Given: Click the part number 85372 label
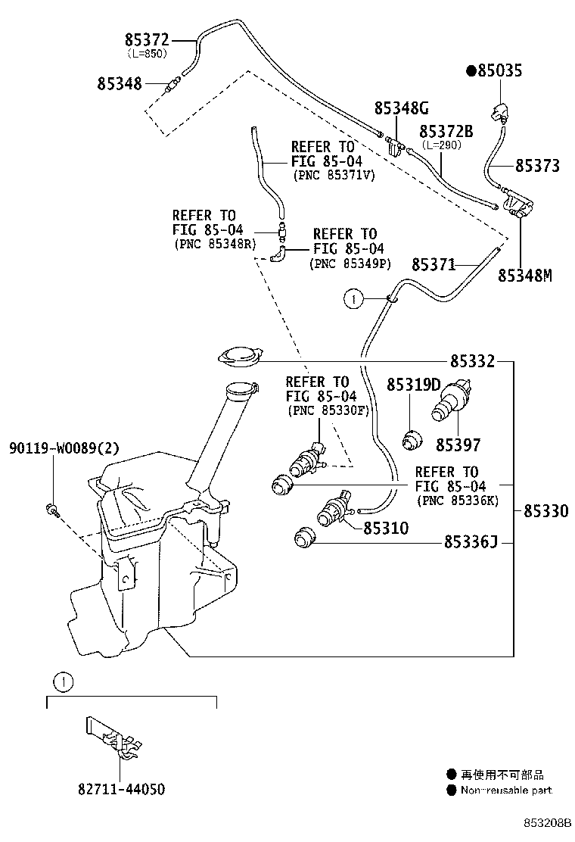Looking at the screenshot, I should [x=147, y=40].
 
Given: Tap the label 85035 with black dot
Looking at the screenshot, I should [x=505, y=71].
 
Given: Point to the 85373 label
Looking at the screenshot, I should [x=538, y=166].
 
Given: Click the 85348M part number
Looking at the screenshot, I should [x=524, y=276].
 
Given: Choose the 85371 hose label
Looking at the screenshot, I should [x=434, y=264].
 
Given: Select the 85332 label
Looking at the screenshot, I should [x=473, y=362].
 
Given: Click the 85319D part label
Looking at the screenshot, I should [x=413, y=385].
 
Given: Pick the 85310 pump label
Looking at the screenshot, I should [x=386, y=529].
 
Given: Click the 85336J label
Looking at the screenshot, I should [x=470, y=542].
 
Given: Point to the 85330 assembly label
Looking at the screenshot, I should [x=545, y=512].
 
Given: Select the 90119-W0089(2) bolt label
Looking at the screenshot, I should [x=64, y=448].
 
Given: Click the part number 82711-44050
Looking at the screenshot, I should [x=120, y=789].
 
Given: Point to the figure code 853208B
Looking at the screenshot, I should [x=545, y=823].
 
